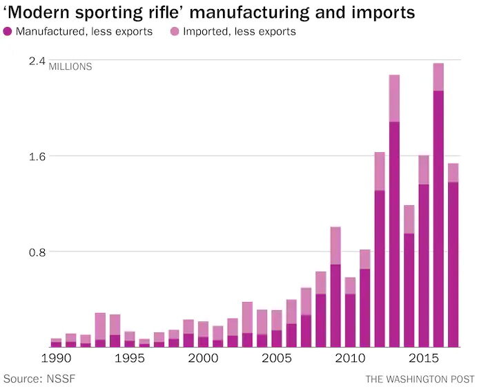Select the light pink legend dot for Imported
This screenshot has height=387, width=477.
pos(175,31)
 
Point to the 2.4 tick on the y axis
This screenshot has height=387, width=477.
pos(37,62)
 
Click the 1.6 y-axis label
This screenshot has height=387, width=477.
pos(37,156)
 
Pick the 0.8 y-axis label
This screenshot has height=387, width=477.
pos(37,252)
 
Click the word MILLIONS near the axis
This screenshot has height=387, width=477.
pos(70,67)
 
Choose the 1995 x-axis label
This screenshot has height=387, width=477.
pos(130,359)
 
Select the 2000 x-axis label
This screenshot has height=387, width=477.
pos(204,359)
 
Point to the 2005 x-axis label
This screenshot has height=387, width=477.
pos(277,359)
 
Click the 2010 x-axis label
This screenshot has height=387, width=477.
pos(351,359)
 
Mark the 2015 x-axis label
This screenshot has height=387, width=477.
pos(424,359)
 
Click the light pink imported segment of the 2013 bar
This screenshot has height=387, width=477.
pos(395,98)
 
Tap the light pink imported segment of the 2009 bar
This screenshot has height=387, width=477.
pos(335,245)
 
